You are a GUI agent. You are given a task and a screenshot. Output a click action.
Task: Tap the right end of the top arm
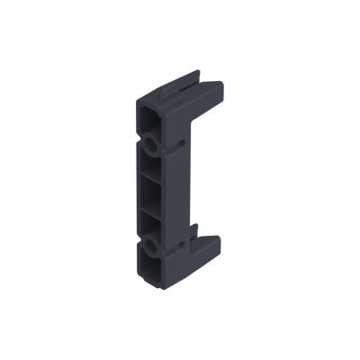click(219, 87)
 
